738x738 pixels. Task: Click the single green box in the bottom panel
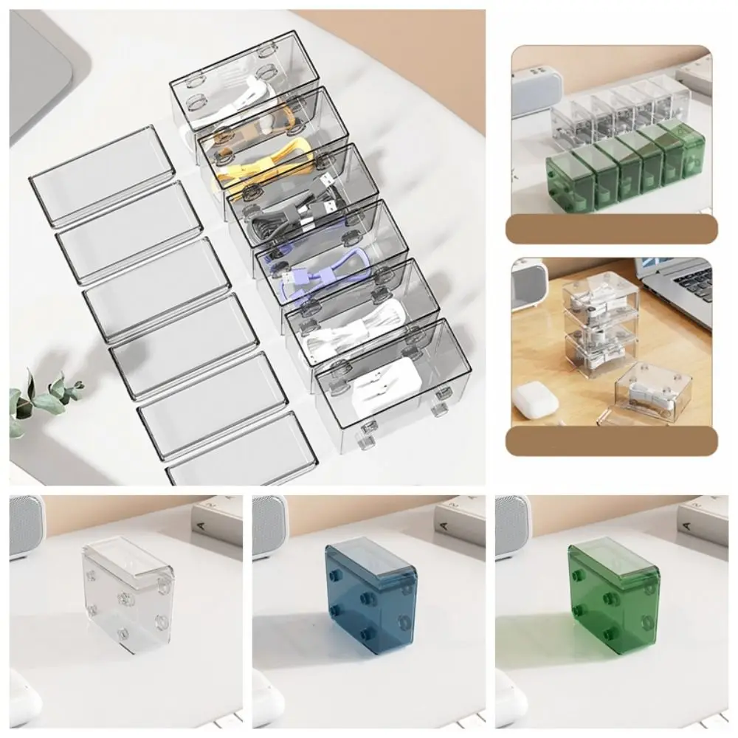point(613,594)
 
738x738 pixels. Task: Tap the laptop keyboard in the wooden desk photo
point(690,284)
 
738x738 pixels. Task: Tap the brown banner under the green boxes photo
point(611,228)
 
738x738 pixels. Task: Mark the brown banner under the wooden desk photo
point(611,441)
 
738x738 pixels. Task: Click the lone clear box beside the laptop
point(653,391)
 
